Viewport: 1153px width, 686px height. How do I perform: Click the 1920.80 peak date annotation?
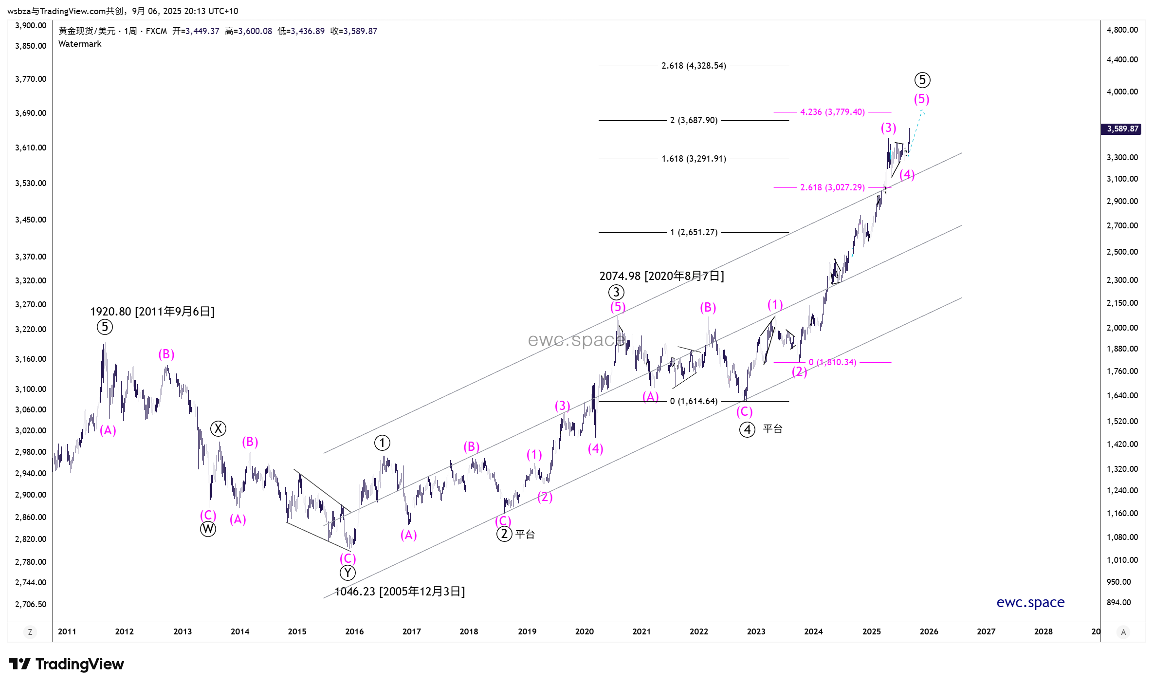pos(152,312)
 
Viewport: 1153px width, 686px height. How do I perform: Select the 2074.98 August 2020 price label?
pos(661,276)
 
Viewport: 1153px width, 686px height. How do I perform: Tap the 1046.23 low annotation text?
pos(400,592)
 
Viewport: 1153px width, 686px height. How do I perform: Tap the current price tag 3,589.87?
pos(1122,129)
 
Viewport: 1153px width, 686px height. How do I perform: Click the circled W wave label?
pos(208,529)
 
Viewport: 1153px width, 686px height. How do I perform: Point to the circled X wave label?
pos(218,429)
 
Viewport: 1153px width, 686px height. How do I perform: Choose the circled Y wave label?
pos(348,573)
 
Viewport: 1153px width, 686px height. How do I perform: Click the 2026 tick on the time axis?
pos(929,631)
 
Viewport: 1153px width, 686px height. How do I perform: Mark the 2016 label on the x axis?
pos(354,631)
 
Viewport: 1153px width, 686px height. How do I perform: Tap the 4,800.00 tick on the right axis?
pos(1122,30)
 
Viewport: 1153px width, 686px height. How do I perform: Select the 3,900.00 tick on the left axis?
pos(31,26)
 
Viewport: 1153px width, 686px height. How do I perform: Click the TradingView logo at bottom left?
pos(66,664)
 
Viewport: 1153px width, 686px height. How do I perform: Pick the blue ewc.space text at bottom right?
pos(1030,603)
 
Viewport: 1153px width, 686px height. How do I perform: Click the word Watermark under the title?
pos(80,44)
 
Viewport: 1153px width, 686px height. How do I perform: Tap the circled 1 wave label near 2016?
pos(382,443)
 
